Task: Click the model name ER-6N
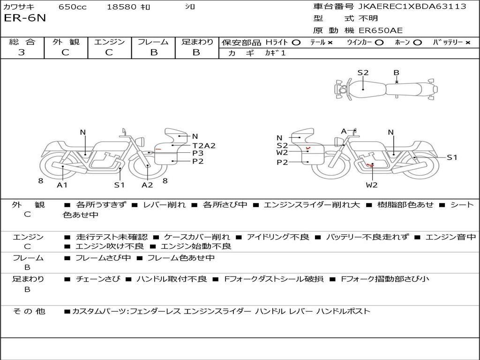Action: [x=25, y=18]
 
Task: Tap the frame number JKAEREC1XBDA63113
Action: [x=412, y=7]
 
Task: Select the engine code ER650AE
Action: [x=381, y=30]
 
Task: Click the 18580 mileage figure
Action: [x=121, y=7]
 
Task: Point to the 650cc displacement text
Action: [x=73, y=7]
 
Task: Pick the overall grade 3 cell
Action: [x=22, y=52]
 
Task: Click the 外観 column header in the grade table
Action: [x=66, y=42]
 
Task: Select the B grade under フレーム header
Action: [x=154, y=52]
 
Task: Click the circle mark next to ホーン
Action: [x=417, y=43]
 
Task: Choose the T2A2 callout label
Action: [x=204, y=146]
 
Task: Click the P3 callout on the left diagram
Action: [x=198, y=153]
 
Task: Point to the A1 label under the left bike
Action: [x=62, y=185]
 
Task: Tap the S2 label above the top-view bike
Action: [x=363, y=73]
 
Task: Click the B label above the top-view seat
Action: [x=397, y=73]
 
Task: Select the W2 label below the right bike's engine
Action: [x=372, y=185]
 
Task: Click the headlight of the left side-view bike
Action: [x=141, y=142]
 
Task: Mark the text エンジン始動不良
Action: [x=196, y=247]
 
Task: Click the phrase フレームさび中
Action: [x=103, y=258]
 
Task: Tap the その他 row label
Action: [x=29, y=312]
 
